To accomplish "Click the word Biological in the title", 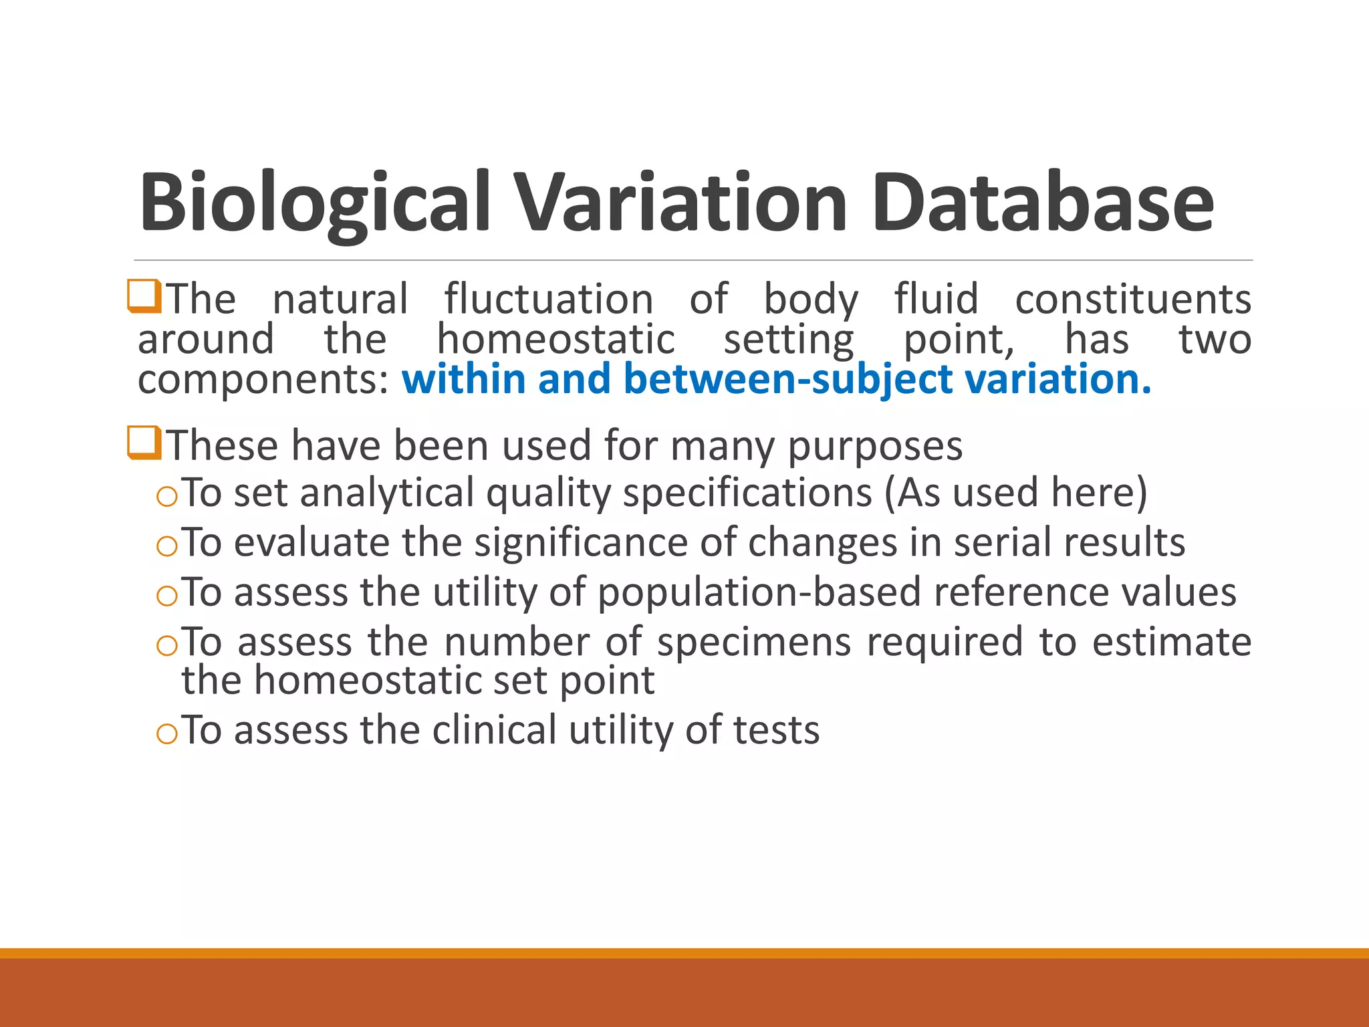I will (314, 203).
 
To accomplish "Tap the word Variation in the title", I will (682, 203).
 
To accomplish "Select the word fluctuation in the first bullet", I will (549, 299).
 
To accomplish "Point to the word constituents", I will (1133, 299).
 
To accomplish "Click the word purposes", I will (875, 446).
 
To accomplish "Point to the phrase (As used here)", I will (1015, 493).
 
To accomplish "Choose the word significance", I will (580, 542).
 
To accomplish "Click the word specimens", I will (754, 642).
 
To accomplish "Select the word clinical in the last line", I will (494, 730).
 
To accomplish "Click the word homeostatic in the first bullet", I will (555, 339).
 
